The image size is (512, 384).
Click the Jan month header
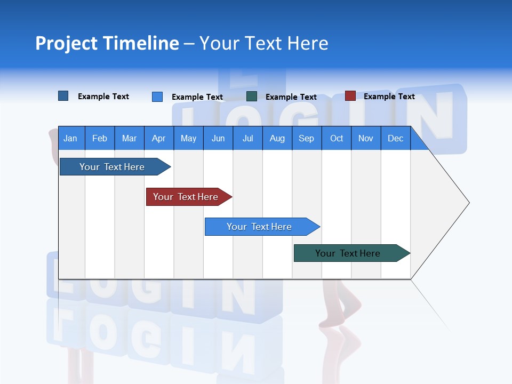(x=71, y=138)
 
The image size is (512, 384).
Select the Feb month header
(x=100, y=138)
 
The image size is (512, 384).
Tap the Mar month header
(x=129, y=138)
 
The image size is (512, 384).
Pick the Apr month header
(x=158, y=138)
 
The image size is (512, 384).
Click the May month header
(x=188, y=138)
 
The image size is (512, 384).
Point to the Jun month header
(x=218, y=138)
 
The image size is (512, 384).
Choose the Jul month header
(x=247, y=138)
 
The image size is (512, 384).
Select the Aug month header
(x=277, y=138)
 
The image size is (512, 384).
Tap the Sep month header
(x=306, y=138)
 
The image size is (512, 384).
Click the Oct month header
(x=337, y=138)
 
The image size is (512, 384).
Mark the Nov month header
(x=366, y=138)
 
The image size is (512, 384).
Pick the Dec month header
(x=395, y=138)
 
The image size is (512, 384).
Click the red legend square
(x=350, y=96)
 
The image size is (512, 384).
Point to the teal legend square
(x=252, y=97)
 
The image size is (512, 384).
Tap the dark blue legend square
(x=63, y=96)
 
